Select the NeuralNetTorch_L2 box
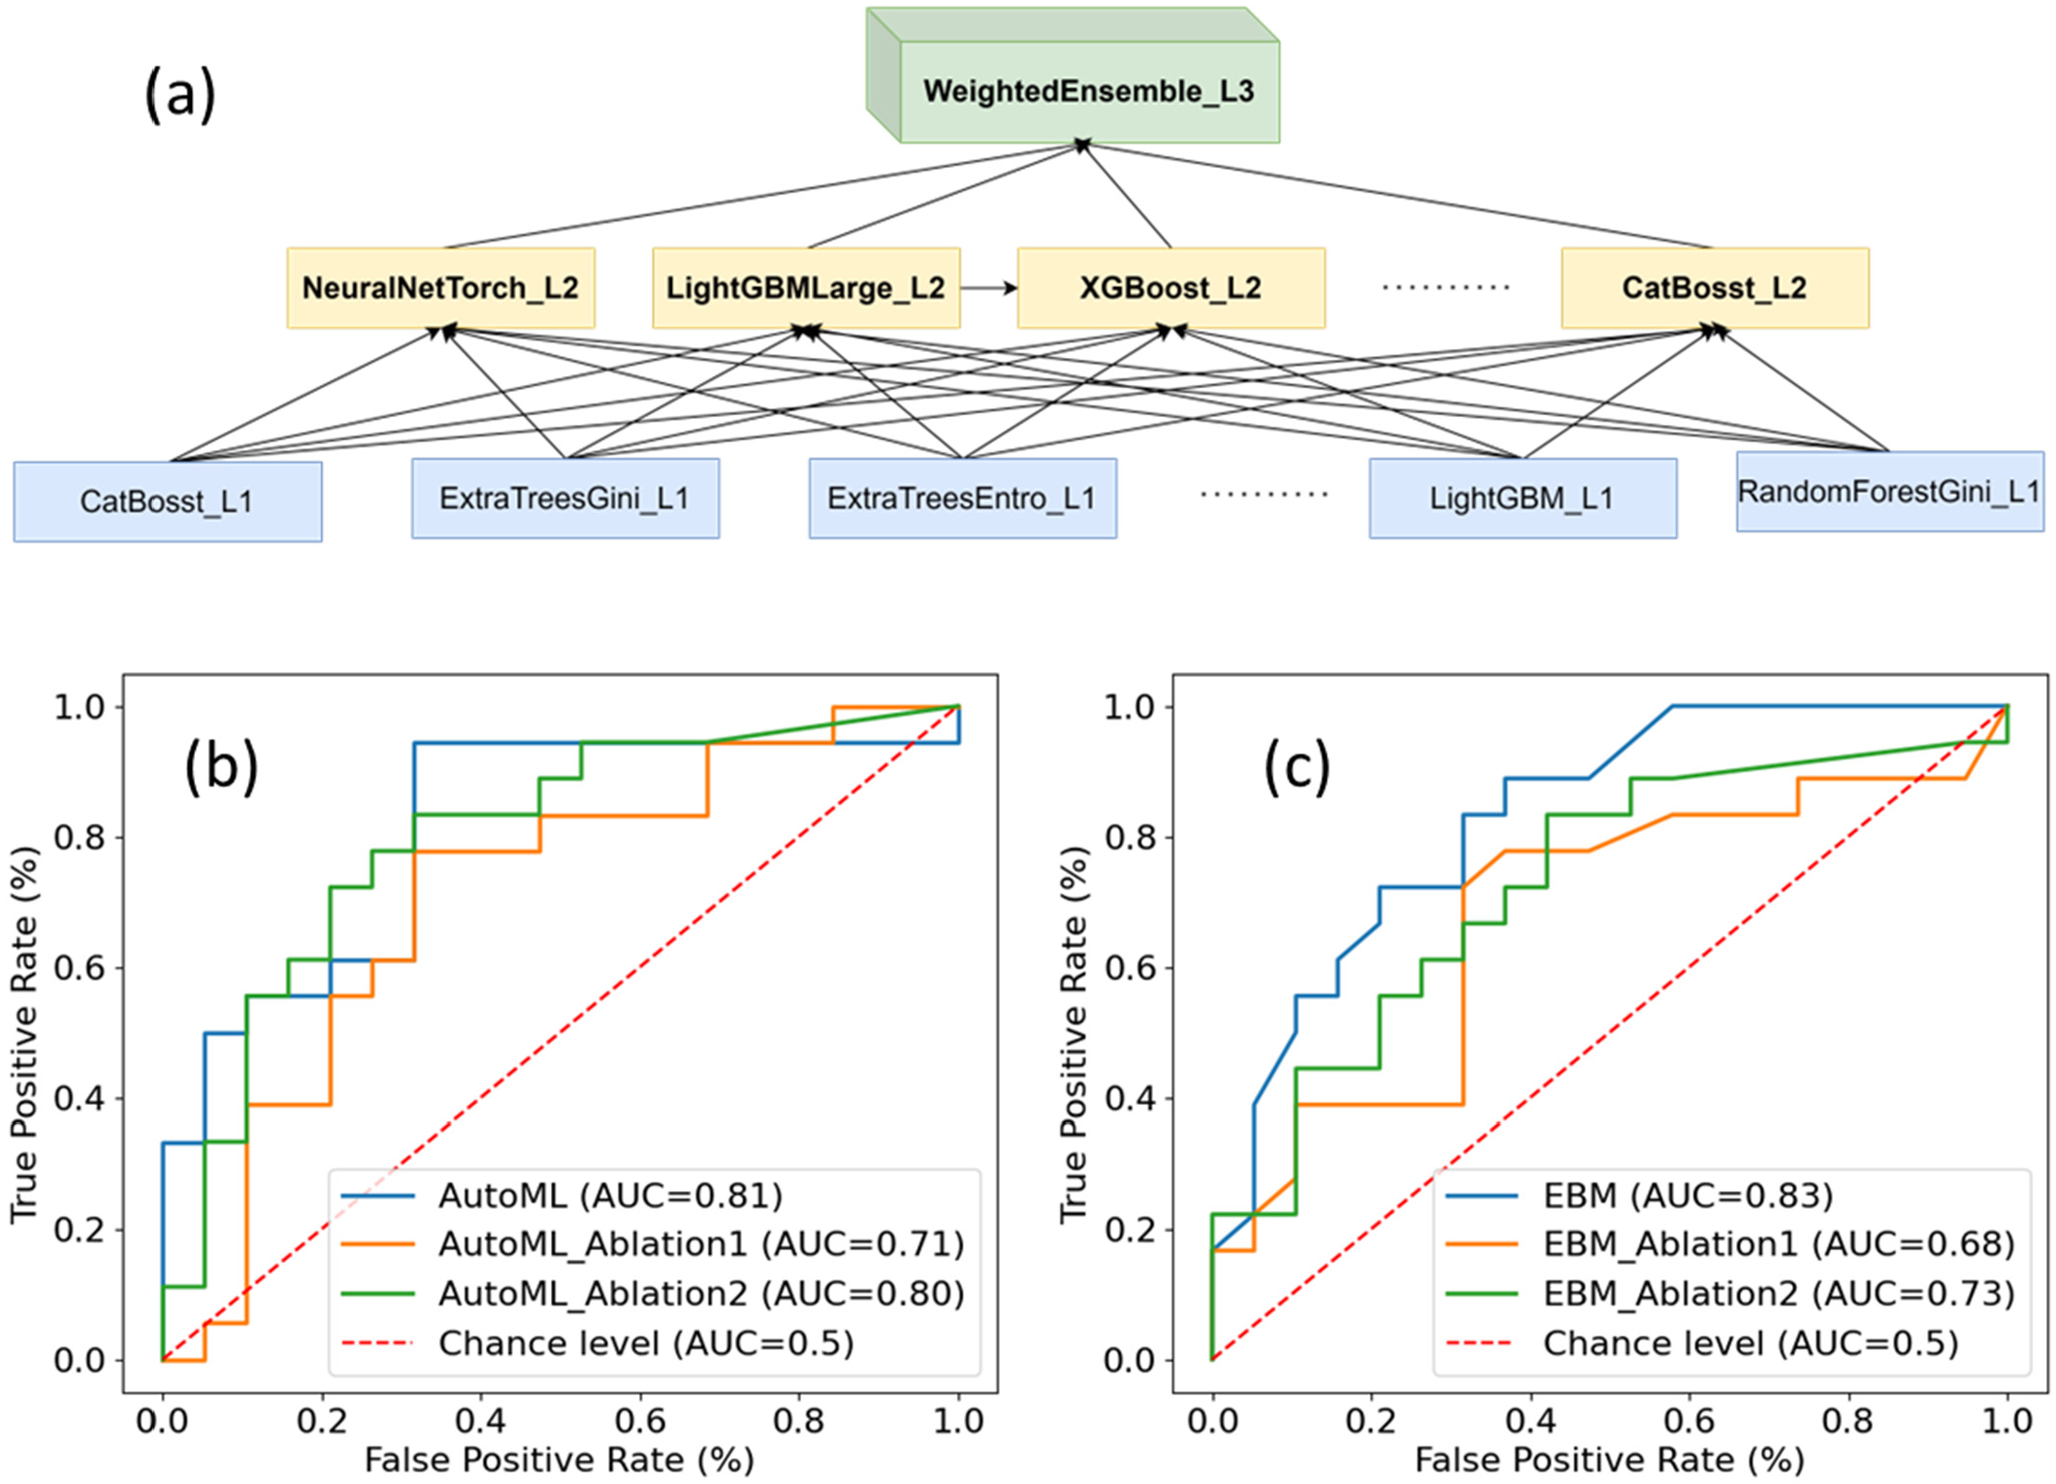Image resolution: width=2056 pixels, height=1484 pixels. coord(440,288)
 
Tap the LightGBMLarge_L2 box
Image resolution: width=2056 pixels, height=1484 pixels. coord(806,288)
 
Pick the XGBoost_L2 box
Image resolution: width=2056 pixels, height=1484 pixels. coord(1171,288)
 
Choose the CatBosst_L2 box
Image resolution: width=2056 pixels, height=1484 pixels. coord(1715,288)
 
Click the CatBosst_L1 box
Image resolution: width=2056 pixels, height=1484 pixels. coord(167,501)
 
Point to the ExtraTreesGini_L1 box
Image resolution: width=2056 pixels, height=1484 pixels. coord(564,499)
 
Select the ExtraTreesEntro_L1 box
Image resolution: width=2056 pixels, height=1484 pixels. coord(962,499)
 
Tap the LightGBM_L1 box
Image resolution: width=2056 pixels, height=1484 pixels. coord(1523,499)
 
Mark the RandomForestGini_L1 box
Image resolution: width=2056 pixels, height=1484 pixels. coord(1889,492)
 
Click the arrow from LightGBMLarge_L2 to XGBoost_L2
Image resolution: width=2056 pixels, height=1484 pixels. coord(988,288)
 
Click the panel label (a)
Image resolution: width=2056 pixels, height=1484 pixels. coord(179,95)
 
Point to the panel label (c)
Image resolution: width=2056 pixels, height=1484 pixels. coord(1297,766)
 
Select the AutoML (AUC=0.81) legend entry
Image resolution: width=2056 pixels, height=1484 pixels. coord(610,1195)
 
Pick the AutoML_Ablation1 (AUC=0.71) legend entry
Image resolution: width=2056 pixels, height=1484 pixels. coord(700,1243)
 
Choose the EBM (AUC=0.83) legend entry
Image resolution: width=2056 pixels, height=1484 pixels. coord(1687,1195)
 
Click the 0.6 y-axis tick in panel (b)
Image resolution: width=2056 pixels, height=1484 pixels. coord(80,968)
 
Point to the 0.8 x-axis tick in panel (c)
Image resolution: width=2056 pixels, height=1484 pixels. coord(1848,1421)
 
